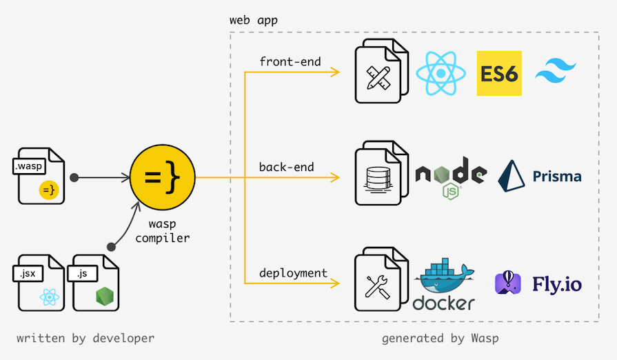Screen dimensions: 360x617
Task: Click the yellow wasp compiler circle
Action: [x=163, y=178]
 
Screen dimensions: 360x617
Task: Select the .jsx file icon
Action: [x=38, y=282]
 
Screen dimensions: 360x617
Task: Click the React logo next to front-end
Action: [x=441, y=74]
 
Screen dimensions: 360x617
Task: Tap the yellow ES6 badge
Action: [x=499, y=73]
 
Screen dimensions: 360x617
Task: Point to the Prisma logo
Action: [x=540, y=176]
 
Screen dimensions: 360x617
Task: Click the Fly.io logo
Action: [x=538, y=283]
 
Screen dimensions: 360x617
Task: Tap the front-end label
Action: [x=290, y=61]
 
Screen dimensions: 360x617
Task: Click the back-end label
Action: [x=286, y=167]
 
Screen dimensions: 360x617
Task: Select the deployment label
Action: [x=293, y=273]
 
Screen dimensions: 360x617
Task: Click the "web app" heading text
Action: [x=254, y=20]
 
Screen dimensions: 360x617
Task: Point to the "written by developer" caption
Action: [x=85, y=338]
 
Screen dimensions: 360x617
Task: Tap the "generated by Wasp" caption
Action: [x=440, y=338]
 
